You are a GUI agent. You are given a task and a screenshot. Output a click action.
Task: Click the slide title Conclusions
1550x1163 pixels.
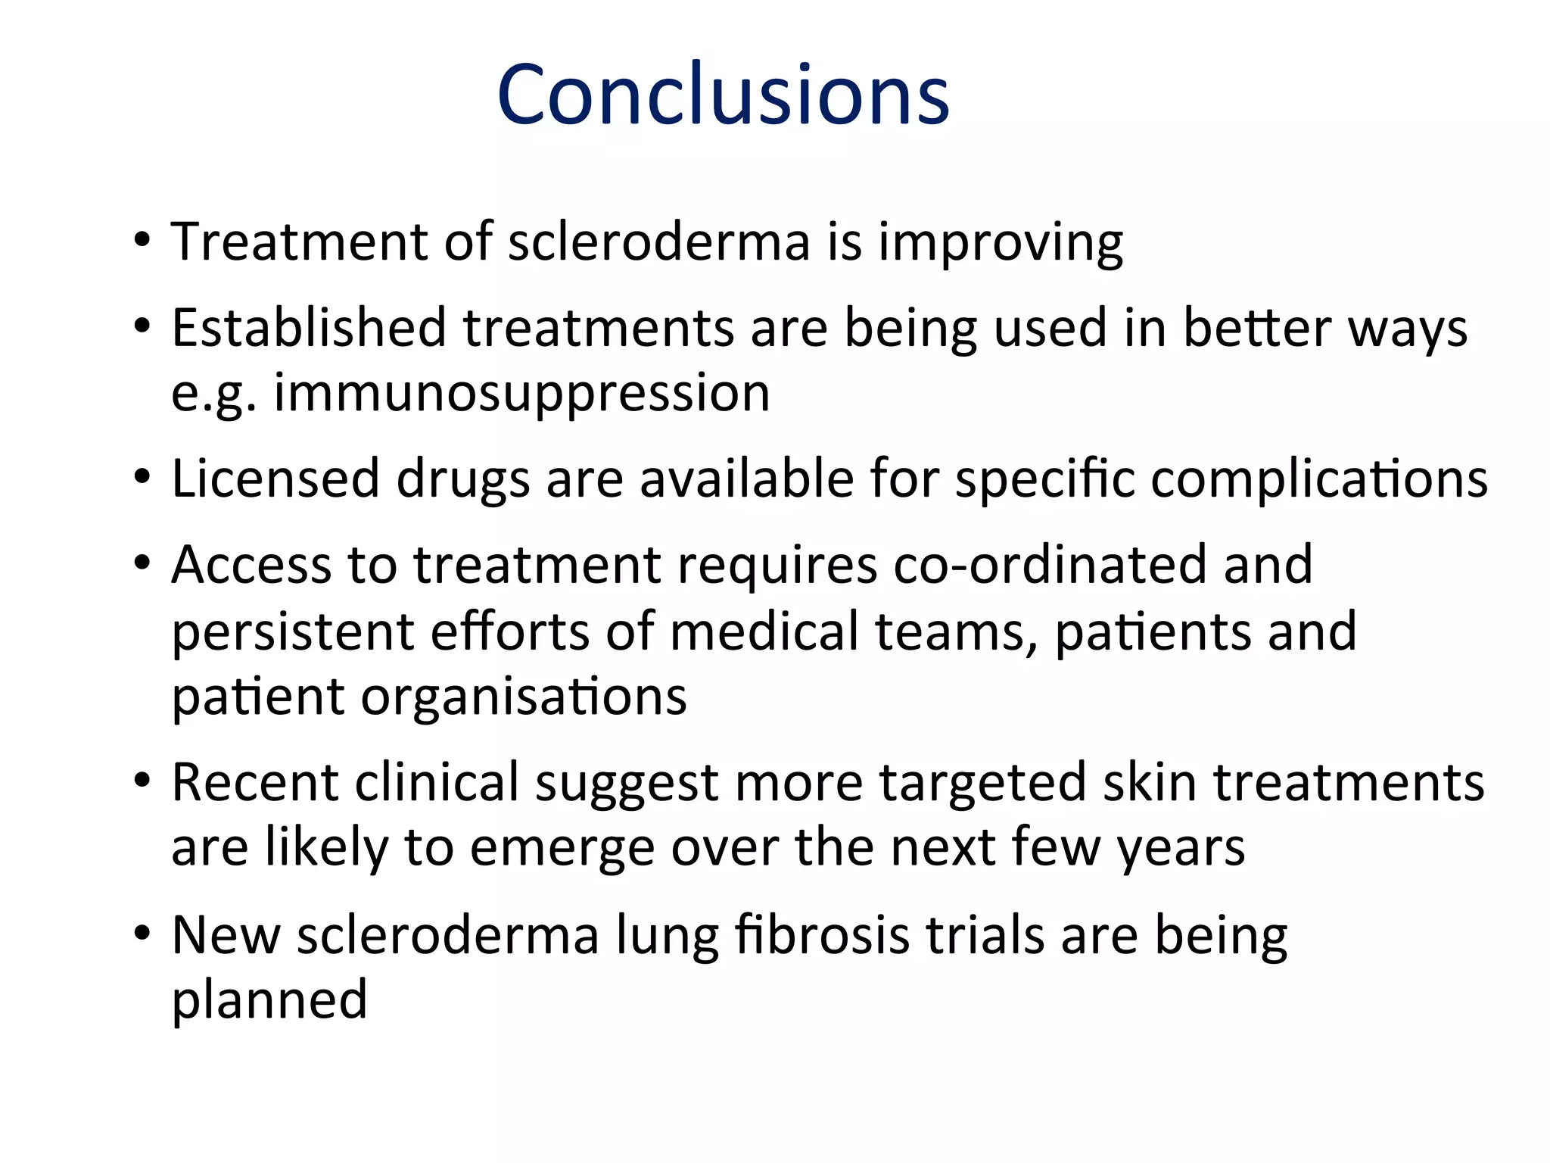723,95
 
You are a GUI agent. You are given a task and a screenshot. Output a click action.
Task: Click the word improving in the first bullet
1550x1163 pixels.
1000,244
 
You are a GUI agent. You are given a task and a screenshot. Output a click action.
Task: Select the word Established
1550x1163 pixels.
309,329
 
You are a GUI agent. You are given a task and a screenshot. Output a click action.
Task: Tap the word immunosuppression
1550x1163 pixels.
521,394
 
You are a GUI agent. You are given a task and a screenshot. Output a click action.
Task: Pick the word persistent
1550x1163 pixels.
293,632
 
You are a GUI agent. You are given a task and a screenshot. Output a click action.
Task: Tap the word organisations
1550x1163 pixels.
524,697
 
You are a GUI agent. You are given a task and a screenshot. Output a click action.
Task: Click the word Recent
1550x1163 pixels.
255,782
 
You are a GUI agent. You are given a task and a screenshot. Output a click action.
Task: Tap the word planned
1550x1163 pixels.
269,1001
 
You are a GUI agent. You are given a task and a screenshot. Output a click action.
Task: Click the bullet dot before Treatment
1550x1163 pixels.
142,242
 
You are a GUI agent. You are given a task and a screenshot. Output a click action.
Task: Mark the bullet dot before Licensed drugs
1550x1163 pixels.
142,479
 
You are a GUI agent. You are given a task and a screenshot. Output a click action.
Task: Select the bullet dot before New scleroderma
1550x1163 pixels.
142,934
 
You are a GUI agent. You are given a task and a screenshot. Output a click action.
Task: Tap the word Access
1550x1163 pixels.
251,565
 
